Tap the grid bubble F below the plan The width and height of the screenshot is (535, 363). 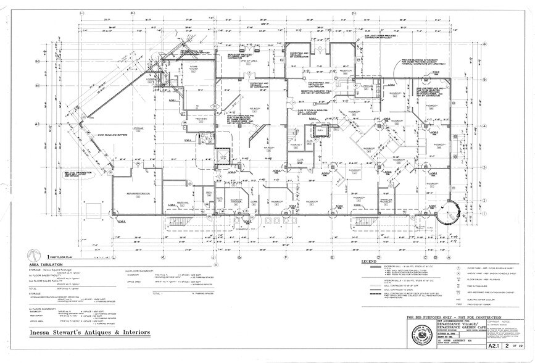point(286,256)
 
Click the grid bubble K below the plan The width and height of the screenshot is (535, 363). point(163,256)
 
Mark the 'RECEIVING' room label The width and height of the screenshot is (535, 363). point(183,202)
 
